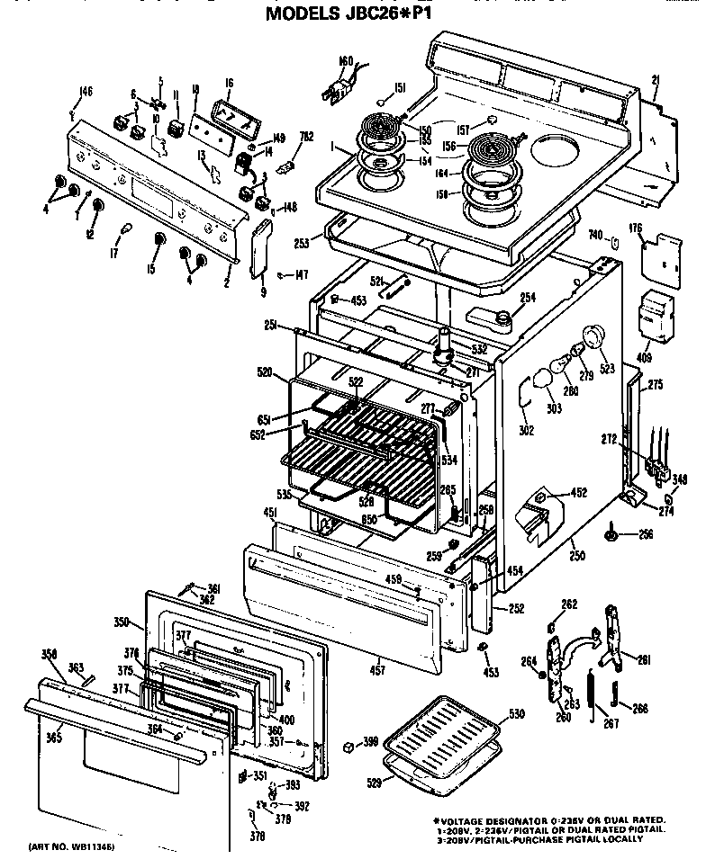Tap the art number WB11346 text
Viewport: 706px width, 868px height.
(71, 847)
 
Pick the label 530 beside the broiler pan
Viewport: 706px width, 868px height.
(515, 713)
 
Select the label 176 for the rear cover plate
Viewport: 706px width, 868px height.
(637, 229)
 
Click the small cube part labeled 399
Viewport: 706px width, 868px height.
(348, 745)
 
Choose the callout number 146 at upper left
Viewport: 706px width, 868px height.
(86, 90)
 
